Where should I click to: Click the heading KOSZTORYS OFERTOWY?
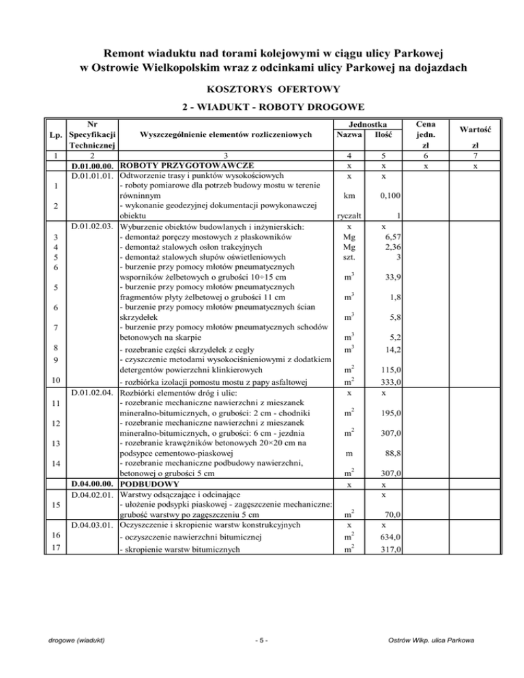click(262, 89)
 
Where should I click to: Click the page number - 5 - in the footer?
click(261, 658)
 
